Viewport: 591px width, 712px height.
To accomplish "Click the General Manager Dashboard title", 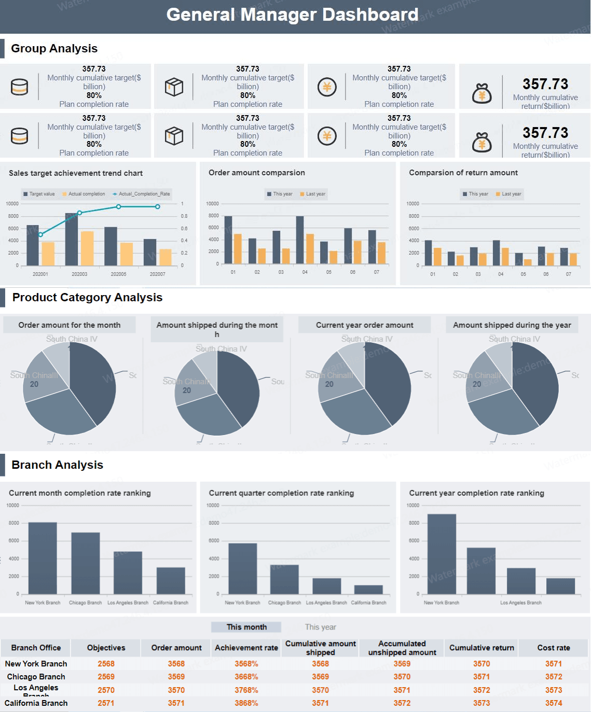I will [x=292, y=15].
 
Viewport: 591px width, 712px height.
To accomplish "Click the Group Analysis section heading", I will [x=54, y=48].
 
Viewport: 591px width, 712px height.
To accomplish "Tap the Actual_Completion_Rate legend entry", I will [x=142, y=194].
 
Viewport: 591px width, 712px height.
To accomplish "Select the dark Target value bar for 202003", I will [x=72, y=239].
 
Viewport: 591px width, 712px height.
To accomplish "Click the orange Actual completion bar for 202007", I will [x=166, y=257].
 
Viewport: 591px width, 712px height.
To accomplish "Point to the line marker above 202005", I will [x=119, y=206].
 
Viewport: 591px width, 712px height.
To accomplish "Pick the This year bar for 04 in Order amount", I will [x=300, y=240].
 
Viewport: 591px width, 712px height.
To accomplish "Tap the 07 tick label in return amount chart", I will [x=569, y=274].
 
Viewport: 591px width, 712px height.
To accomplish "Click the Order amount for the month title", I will [x=70, y=325].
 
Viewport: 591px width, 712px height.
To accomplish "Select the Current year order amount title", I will [x=364, y=325].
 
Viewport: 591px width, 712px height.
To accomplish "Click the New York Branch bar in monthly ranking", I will [x=43, y=558].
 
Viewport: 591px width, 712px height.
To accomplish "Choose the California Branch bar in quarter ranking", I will [x=368, y=590].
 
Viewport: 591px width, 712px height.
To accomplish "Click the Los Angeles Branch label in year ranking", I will [x=520, y=603].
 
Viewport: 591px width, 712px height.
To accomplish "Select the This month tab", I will [x=246, y=627].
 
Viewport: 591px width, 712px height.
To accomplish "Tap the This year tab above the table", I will [x=320, y=627].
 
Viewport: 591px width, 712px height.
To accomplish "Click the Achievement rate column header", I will [x=246, y=648].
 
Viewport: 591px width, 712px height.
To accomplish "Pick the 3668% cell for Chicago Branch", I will [x=246, y=677].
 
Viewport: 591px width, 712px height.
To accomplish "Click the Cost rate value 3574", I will [x=554, y=703].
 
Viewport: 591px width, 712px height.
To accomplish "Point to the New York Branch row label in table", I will [x=36, y=664].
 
